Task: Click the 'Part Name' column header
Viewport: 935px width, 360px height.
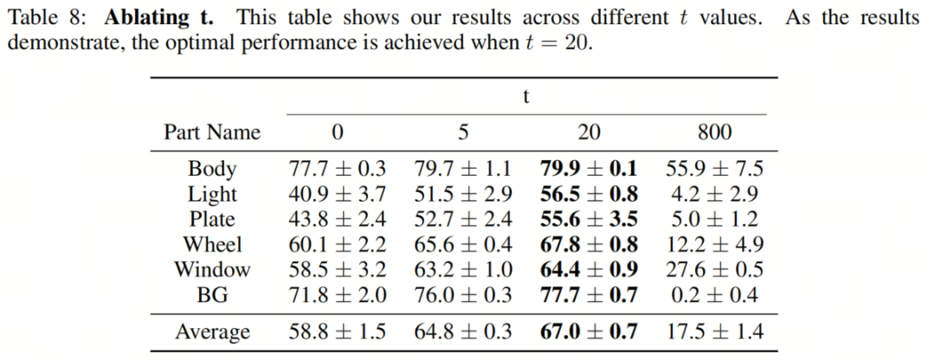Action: pyautogui.click(x=212, y=132)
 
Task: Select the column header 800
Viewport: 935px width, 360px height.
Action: pyautogui.click(x=714, y=132)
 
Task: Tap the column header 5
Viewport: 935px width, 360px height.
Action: pyautogui.click(x=463, y=132)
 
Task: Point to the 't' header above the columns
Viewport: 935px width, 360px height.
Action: pyautogui.click(x=526, y=97)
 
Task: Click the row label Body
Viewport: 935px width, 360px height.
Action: pyautogui.click(x=212, y=169)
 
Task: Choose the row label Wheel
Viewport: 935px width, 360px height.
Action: pyautogui.click(x=212, y=245)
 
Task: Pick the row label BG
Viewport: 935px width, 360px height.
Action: pyautogui.click(x=212, y=296)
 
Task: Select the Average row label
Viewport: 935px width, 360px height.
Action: pyautogui.click(x=212, y=332)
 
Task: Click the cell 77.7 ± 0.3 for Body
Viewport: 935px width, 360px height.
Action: pyautogui.click(x=337, y=169)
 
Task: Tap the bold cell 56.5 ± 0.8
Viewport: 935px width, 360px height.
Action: pyautogui.click(x=589, y=194)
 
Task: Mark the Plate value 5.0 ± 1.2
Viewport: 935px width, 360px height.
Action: pyautogui.click(x=714, y=220)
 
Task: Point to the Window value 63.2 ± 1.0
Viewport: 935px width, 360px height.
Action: pyautogui.click(x=463, y=270)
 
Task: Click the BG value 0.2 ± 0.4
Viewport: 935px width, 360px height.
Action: pyautogui.click(x=714, y=296)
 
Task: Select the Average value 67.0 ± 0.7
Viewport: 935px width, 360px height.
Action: pyautogui.click(x=589, y=332)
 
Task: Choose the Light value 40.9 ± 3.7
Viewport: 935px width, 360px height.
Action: pyautogui.click(x=337, y=194)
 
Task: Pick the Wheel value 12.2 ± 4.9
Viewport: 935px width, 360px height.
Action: pyautogui.click(x=714, y=245)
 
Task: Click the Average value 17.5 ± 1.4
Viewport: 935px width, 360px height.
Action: pyautogui.click(x=714, y=332)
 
